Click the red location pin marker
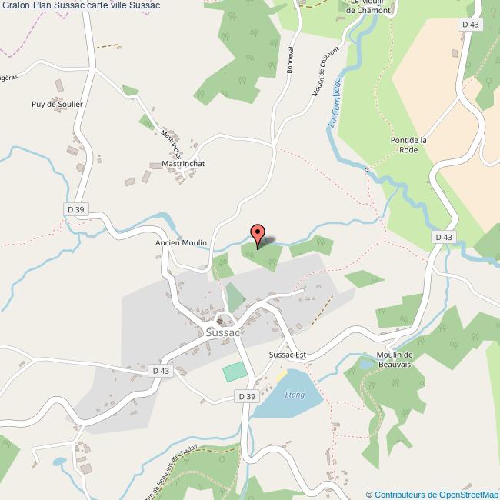[258, 234]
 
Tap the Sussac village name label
[223, 332]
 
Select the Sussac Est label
[288, 355]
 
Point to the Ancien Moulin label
[182, 242]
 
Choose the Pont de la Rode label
[408, 145]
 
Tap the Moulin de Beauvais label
[396, 359]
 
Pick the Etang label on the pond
[295, 395]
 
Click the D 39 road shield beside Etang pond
[245, 396]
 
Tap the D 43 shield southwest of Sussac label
[160, 371]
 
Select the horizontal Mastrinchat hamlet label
[188, 164]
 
